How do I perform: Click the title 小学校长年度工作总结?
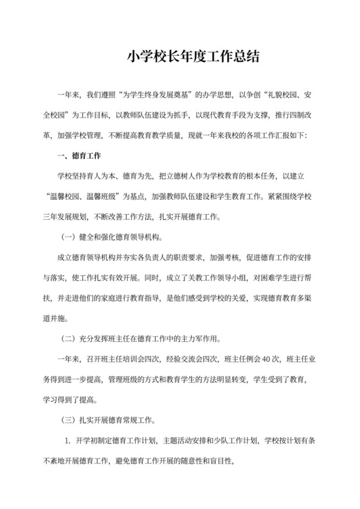(x=193, y=57)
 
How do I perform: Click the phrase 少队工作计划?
(x=237, y=441)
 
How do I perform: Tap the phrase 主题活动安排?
(x=164, y=441)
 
